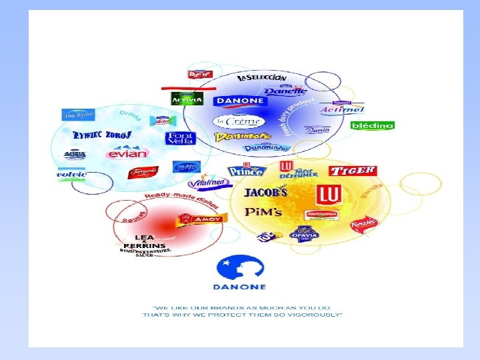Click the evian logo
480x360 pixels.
[127, 154]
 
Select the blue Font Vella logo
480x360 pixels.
[180, 139]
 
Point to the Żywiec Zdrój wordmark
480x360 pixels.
[102, 135]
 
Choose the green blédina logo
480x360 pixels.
[372, 125]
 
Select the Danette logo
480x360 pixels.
[285, 91]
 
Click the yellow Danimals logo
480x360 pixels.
[233, 137]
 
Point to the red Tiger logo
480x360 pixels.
[352, 171]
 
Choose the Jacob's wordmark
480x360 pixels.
[266, 193]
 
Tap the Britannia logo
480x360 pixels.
[322, 214]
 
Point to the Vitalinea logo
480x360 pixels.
[201, 182]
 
